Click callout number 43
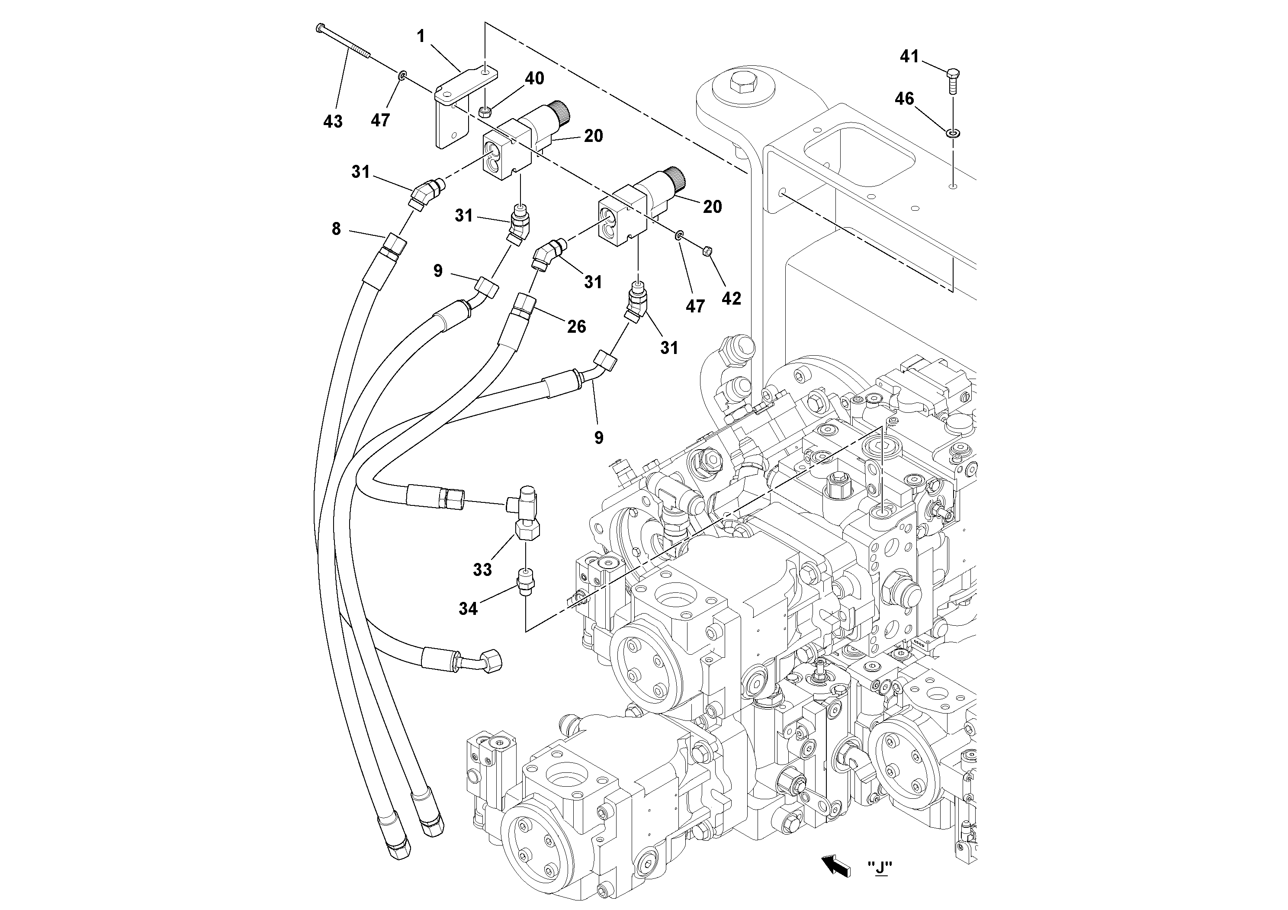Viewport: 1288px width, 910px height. (x=333, y=121)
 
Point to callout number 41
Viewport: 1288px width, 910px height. (x=909, y=56)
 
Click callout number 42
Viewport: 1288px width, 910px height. (x=731, y=299)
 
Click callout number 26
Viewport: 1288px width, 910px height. (x=576, y=327)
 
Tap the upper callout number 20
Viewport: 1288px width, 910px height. (x=594, y=136)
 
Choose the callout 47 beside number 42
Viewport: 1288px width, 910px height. (x=695, y=306)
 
